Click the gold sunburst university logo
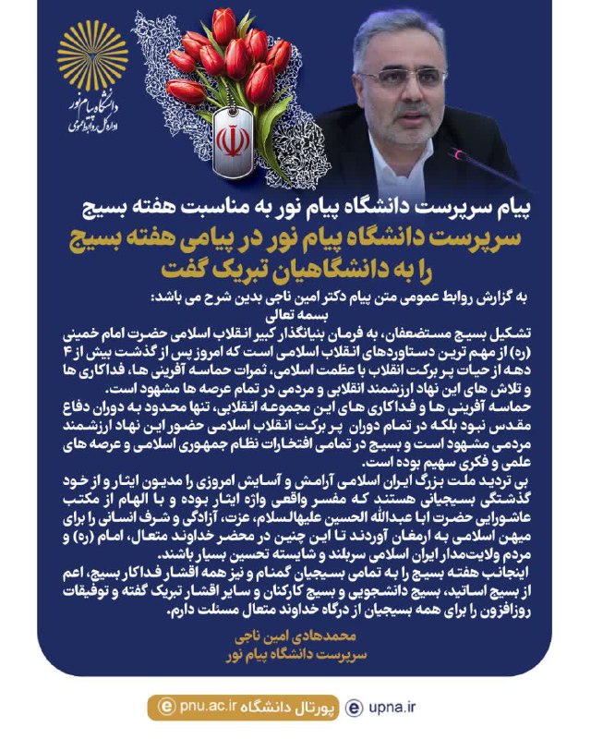pyautogui.click(x=92, y=55)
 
